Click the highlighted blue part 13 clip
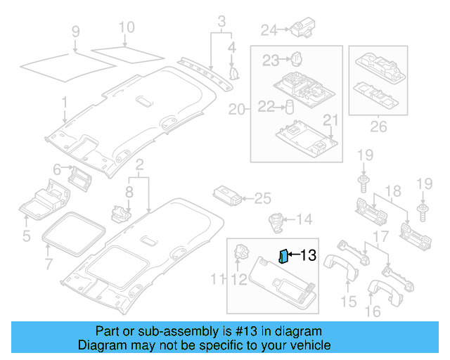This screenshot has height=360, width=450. (283, 255)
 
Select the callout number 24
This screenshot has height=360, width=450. (269, 30)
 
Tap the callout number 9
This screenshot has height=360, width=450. (76, 32)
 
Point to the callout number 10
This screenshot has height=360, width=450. (126, 28)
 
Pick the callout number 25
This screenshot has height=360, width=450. (262, 198)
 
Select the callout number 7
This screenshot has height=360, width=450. (48, 264)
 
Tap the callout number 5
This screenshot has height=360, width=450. (26, 236)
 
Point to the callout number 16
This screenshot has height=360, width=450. (373, 310)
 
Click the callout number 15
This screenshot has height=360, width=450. (348, 303)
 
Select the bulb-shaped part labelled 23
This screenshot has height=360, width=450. (298, 58)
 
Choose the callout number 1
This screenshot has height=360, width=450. (64, 103)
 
